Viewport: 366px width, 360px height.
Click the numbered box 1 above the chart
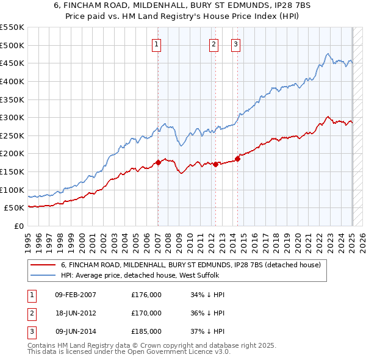point(157,43)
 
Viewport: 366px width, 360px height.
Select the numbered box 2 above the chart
point(213,43)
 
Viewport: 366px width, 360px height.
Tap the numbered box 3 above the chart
point(235,43)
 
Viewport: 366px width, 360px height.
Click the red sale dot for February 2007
point(158,162)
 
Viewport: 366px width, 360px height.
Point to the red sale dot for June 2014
point(237,159)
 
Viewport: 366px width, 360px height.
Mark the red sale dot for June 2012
point(216,164)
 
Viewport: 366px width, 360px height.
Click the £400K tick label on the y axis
point(12,81)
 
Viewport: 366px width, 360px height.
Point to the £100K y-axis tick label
point(12,190)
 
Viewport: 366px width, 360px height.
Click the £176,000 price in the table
point(146,295)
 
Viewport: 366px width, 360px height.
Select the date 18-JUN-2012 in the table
point(76,313)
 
